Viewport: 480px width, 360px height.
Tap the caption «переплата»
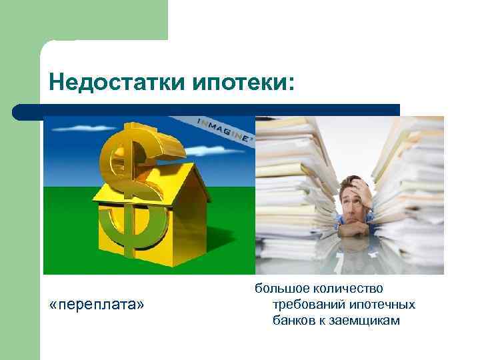pyautogui.click(x=96, y=305)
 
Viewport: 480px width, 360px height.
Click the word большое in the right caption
pyautogui.click(x=279, y=289)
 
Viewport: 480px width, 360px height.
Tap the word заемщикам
pyautogui.click(x=363, y=321)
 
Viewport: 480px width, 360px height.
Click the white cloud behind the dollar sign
pyautogui.click(x=200, y=153)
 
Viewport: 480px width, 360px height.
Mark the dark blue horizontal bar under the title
pyautogui.click(x=207, y=110)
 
